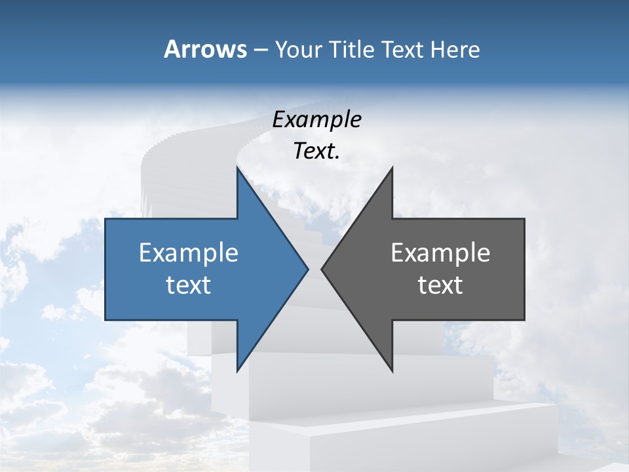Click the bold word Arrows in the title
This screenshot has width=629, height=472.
pos(205,49)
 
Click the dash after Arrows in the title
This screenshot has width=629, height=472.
pos(260,50)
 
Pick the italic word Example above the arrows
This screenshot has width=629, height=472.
pos(317,119)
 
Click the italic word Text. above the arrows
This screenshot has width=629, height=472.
pos(317,151)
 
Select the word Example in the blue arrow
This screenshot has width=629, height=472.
pos(189,253)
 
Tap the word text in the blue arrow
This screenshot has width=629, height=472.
pos(189,285)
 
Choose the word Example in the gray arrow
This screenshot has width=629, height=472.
pos(440,253)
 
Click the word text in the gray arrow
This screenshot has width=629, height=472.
pos(440,285)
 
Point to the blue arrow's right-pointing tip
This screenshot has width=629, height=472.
pos(308,269)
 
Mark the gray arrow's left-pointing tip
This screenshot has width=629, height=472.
pos(322,269)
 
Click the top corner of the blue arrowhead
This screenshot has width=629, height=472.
pos(237,168)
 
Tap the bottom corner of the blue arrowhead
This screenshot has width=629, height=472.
pos(237,371)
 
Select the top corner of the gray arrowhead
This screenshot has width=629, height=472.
pos(392,168)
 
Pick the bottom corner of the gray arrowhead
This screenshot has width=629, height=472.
pos(392,371)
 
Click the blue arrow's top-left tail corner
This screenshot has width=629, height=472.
pos(105,219)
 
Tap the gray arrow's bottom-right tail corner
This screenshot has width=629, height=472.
pos(524,319)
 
